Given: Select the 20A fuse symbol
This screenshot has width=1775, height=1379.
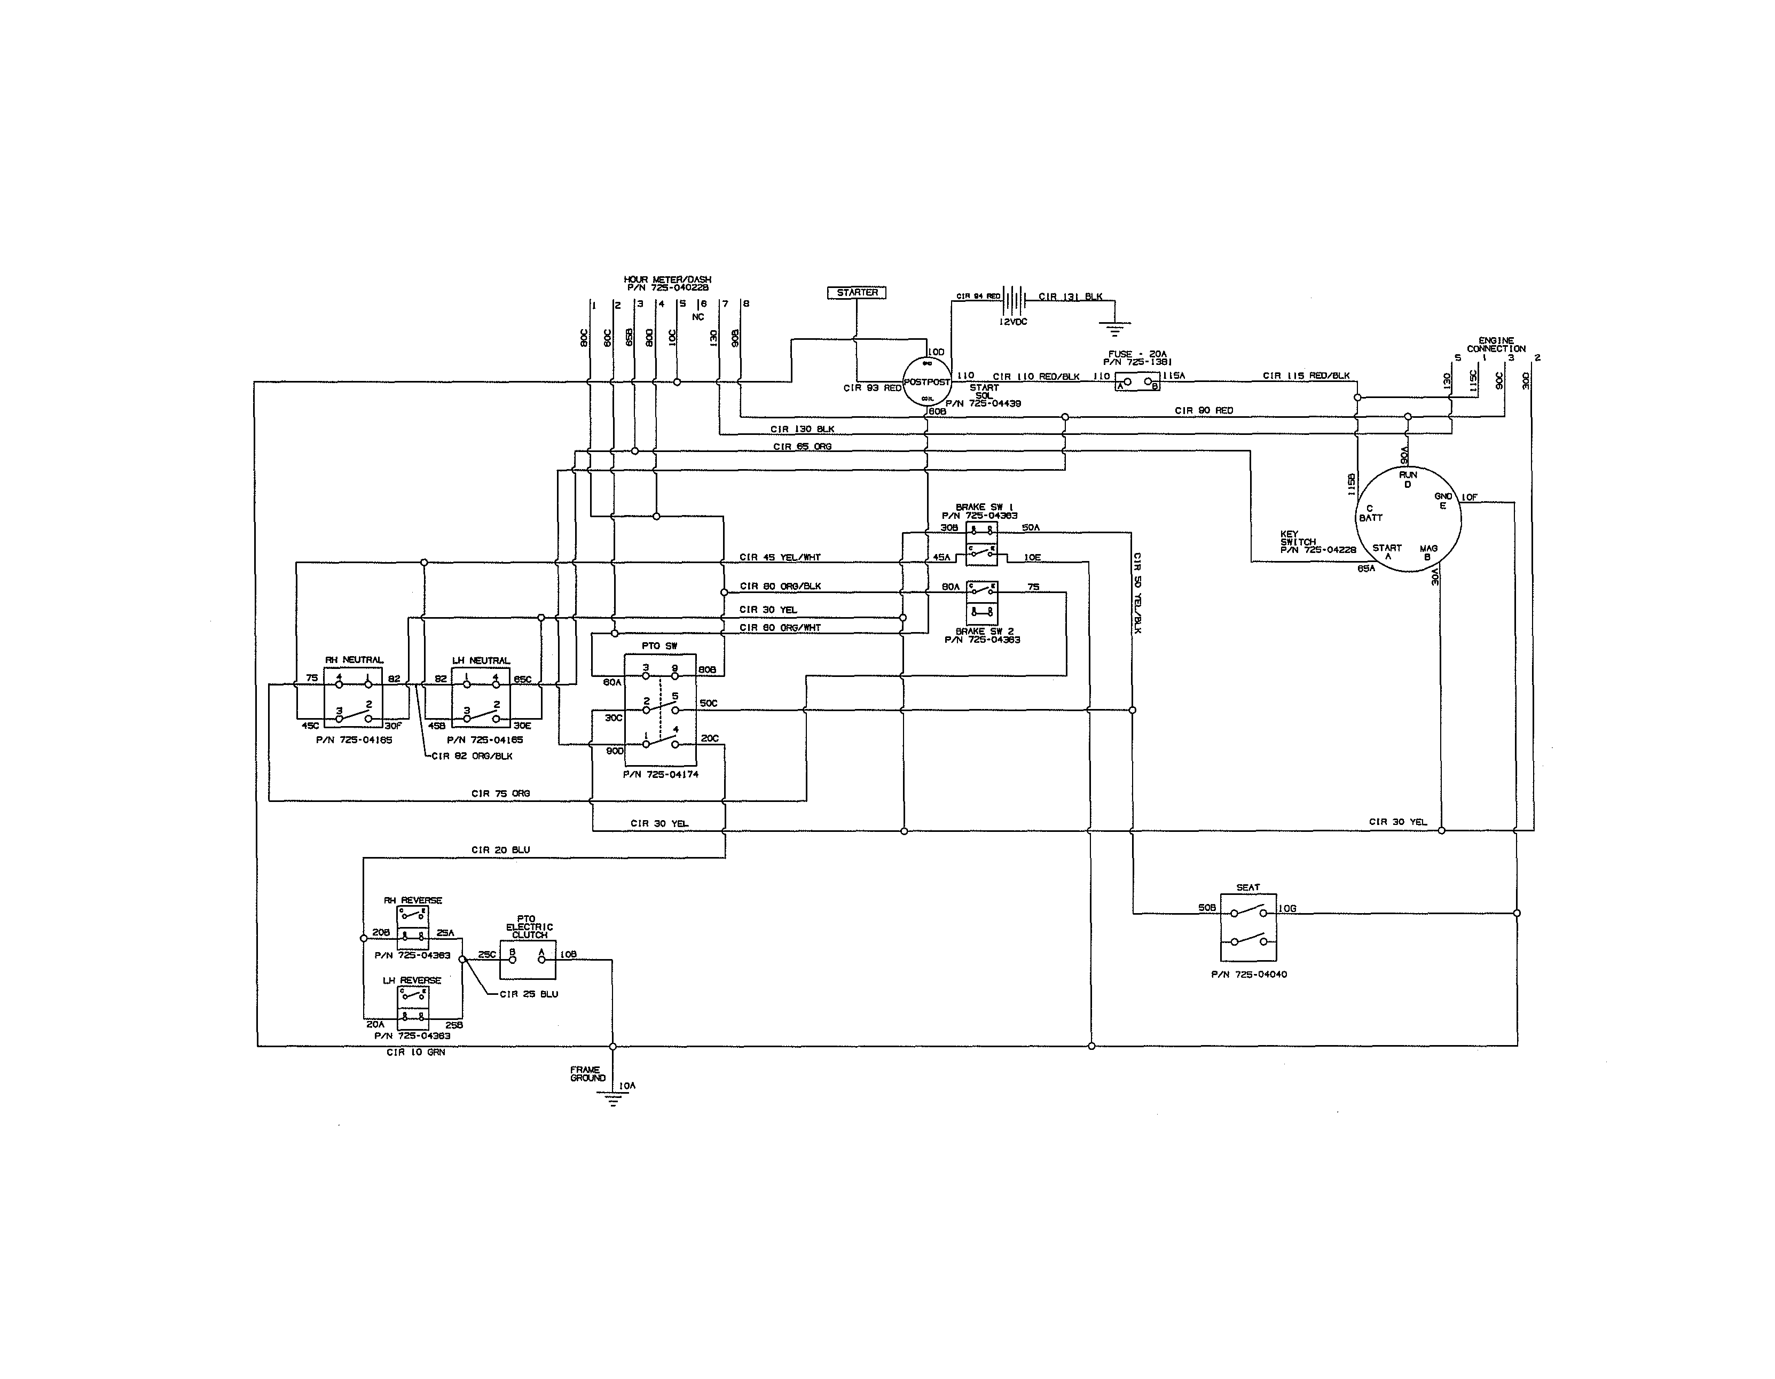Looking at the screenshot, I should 1137,381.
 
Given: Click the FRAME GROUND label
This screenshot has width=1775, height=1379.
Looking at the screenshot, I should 587,1074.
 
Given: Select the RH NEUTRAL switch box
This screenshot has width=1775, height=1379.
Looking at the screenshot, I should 354,697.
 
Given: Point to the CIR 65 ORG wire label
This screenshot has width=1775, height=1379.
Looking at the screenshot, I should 802,446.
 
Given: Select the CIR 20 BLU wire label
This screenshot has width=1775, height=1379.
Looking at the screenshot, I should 501,850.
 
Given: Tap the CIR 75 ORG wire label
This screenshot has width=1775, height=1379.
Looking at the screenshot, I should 501,793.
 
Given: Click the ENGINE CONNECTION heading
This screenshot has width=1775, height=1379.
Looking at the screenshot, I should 1496,345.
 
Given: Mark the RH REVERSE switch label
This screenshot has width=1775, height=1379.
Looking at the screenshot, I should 413,900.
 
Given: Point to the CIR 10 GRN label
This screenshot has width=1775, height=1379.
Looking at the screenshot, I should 415,1052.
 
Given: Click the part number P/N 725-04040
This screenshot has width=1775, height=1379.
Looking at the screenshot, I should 1248,974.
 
